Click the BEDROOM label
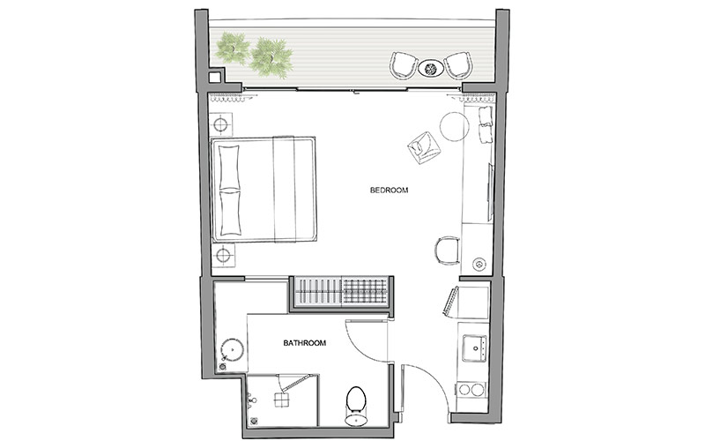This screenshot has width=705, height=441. point(389,190)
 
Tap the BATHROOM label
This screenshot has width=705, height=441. point(304,343)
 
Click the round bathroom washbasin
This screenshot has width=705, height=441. point(232,349)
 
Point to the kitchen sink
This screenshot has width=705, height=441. point(474,348)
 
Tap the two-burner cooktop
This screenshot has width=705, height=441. point(471,389)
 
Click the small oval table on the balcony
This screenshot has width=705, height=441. point(431,69)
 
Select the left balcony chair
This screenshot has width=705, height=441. point(404,64)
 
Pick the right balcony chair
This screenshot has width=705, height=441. point(458,64)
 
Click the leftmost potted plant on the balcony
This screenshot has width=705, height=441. point(232,48)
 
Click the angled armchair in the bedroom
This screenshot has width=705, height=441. point(424,147)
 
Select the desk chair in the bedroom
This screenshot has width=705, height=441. point(447,250)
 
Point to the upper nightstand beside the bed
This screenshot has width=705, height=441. point(221,123)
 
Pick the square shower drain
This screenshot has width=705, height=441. point(282,400)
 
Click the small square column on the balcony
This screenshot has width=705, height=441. point(215,77)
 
